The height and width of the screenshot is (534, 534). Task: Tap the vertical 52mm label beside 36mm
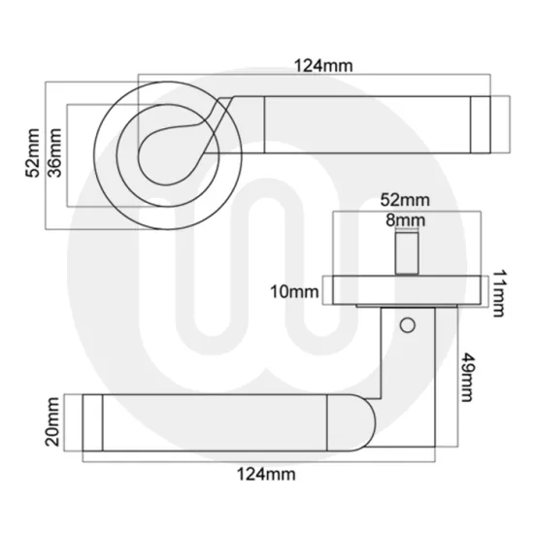tap(33, 153)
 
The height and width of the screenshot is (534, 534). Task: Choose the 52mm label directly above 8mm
tap(403, 199)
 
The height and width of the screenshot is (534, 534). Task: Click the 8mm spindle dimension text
tap(403, 220)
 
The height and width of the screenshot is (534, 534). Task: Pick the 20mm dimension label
tap(52, 424)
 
